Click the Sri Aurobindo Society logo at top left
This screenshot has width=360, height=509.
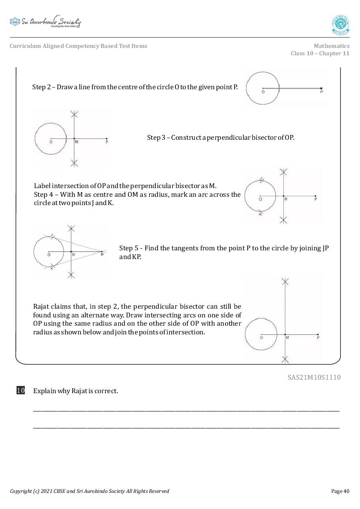[x=45, y=22]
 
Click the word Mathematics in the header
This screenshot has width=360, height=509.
[x=331, y=46]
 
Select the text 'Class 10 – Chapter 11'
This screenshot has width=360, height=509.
[x=320, y=54]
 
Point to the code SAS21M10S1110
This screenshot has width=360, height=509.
[x=314, y=378]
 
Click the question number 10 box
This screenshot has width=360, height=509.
[x=20, y=391]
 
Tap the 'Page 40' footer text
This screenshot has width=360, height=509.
[x=340, y=491]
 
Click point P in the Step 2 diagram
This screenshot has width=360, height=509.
[x=321, y=88]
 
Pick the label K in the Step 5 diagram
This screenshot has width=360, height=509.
[x=51, y=269]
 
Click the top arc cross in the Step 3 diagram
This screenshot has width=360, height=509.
[x=74, y=115]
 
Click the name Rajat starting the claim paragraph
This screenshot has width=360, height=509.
[x=42, y=307]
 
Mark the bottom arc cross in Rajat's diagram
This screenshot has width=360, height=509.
[x=285, y=359]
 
